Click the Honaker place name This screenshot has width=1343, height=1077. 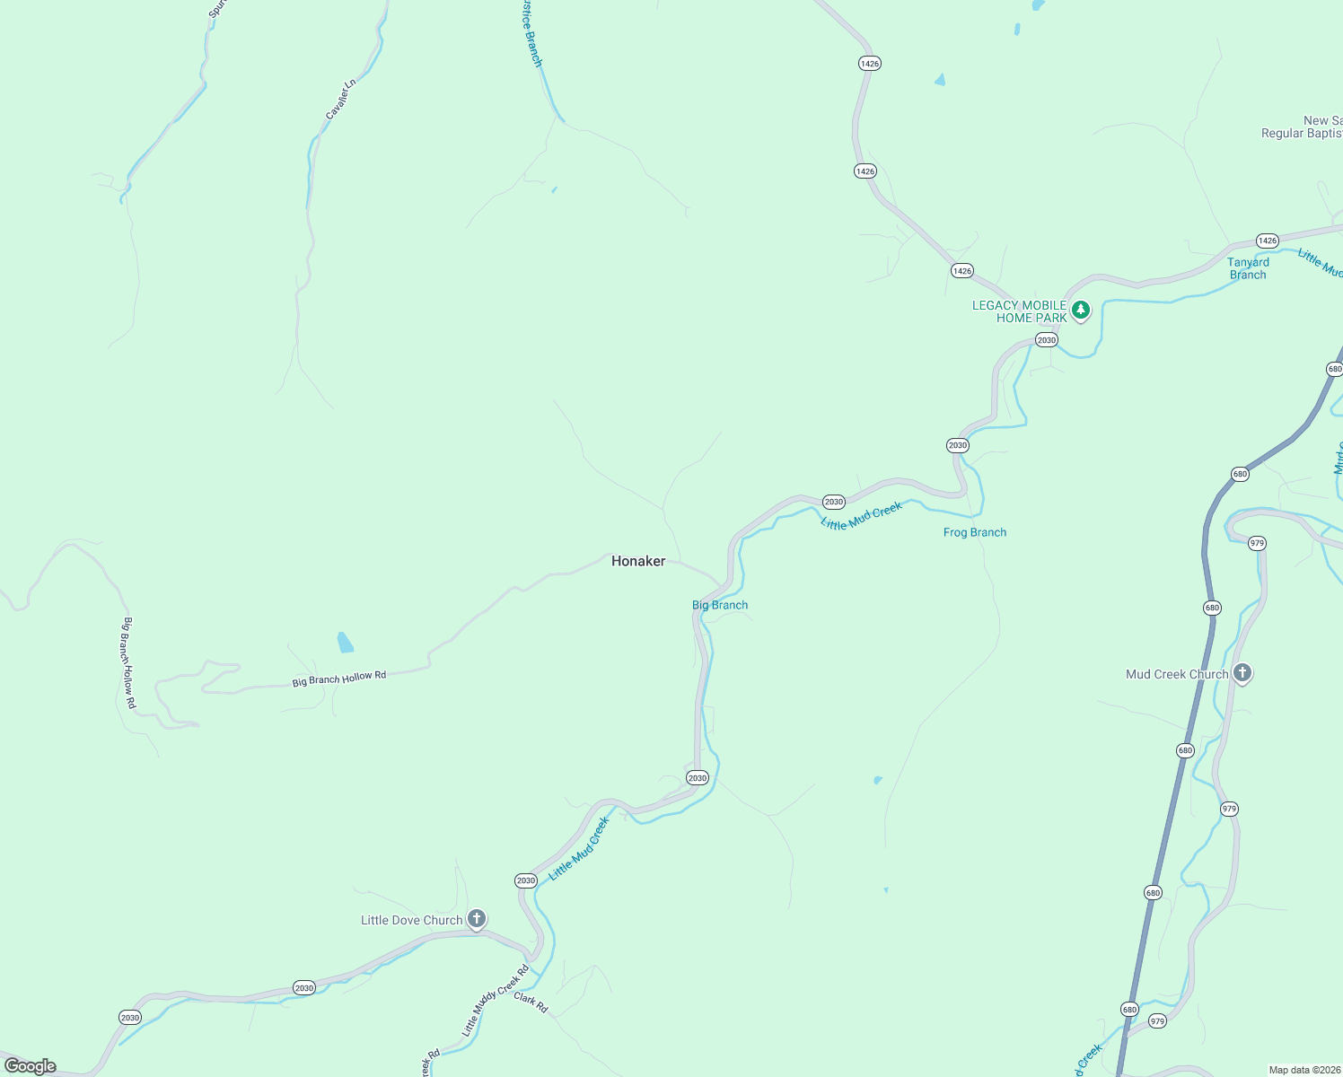(638, 561)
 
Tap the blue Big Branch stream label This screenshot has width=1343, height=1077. (720, 605)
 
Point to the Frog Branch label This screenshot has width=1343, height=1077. (974, 532)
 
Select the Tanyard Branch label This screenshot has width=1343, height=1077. (1248, 268)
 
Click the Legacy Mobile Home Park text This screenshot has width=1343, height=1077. (1020, 311)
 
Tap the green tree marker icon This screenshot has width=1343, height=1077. (1081, 311)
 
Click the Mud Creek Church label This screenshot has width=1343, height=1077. (1177, 674)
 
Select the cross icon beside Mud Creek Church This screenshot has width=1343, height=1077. (1242, 672)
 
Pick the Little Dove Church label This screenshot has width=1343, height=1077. (411, 920)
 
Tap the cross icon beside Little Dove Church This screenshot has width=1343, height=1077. (477, 918)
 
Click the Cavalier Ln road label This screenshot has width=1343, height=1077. (341, 99)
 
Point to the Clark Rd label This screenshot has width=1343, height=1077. (531, 1003)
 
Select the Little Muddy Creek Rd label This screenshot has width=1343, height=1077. (496, 1002)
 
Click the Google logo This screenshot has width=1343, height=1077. (31, 1066)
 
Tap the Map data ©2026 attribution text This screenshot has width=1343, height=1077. (1304, 1070)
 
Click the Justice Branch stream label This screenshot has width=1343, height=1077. (532, 34)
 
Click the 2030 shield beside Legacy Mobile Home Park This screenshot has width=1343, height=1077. (1046, 340)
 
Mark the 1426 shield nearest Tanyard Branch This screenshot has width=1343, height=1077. (1267, 241)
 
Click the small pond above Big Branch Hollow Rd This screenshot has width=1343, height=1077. (345, 642)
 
